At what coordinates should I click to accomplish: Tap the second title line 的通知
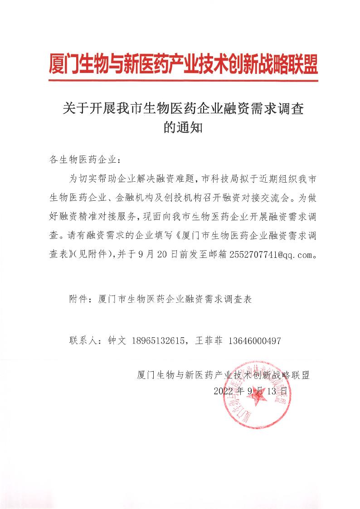pos(180,128)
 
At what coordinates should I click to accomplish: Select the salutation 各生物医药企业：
pos(84,160)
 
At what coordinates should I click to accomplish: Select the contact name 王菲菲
pos(208,340)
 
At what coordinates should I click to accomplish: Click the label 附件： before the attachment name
pos(81,300)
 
